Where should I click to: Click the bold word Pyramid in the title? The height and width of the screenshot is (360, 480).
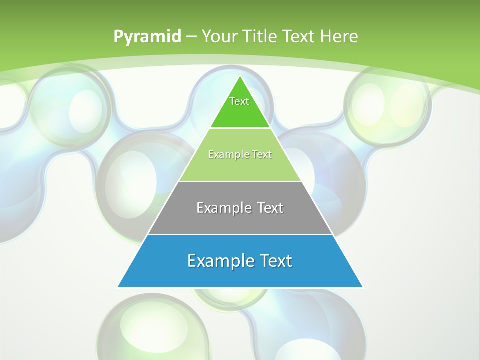[147, 37]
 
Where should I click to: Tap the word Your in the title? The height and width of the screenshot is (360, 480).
[221, 37]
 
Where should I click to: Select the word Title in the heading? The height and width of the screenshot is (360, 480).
[260, 37]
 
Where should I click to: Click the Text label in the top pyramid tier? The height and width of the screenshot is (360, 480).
[239, 101]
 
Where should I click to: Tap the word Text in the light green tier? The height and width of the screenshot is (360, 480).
[262, 155]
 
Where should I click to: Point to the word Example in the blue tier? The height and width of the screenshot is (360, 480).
[218, 261]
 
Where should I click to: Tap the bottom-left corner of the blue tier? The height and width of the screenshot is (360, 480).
[118, 287]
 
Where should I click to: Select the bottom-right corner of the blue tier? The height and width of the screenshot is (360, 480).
[363, 287]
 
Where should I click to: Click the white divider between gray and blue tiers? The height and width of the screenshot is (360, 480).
[240, 234]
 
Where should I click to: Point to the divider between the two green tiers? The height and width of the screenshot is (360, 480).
[240, 128]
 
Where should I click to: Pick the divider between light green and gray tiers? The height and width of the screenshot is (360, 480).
[240, 181]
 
